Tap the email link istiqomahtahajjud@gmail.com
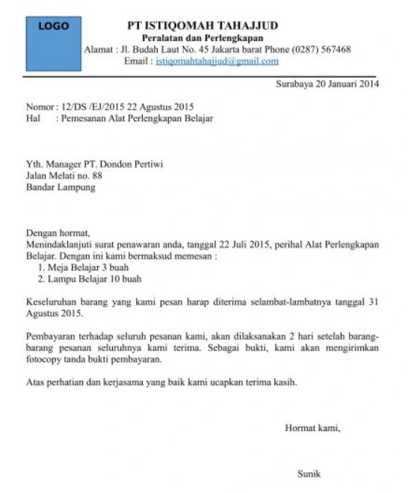(217, 61)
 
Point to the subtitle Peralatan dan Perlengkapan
(203, 38)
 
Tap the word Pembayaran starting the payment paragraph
(52, 336)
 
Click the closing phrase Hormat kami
(312, 428)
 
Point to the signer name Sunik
(309, 473)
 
